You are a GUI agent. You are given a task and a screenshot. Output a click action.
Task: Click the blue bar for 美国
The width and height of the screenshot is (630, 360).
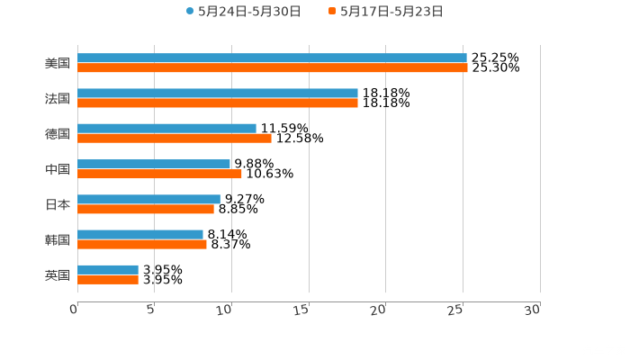click(272, 58)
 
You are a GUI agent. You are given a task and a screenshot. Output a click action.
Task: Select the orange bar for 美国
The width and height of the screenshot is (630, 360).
click(272, 68)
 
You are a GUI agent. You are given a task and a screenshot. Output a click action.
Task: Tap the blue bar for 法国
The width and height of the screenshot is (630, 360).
click(218, 94)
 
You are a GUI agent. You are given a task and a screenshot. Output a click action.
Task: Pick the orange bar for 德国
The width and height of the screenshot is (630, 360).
click(175, 139)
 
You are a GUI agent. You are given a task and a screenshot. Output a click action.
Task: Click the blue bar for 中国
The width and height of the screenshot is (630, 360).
click(154, 164)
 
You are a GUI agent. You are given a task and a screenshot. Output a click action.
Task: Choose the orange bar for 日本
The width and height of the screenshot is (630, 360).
click(146, 210)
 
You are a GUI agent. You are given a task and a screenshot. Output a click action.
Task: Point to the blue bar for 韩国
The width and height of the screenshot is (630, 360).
click(140, 234)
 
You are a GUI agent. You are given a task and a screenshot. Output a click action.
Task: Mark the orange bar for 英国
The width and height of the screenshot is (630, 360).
click(108, 280)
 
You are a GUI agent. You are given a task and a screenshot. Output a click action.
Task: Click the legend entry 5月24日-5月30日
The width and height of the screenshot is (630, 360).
click(243, 12)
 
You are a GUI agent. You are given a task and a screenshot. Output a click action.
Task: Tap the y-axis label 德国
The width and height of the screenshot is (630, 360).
click(58, 134)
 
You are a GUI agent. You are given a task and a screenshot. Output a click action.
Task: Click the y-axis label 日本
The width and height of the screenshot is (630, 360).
click(58, 204)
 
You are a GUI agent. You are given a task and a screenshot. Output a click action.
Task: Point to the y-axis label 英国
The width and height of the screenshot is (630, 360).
click(58, 274)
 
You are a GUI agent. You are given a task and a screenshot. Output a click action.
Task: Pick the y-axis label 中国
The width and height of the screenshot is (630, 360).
click(58, 169)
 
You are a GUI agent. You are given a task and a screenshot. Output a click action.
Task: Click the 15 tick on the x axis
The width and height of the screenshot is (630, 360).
click(306, 309)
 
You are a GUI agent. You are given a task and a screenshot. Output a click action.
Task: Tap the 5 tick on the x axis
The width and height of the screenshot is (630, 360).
click(152, 309)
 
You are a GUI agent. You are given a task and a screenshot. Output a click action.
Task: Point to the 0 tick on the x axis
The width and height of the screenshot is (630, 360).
click(75, 309)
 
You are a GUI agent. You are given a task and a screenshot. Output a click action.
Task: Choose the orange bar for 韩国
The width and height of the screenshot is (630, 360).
click(142, 244)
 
